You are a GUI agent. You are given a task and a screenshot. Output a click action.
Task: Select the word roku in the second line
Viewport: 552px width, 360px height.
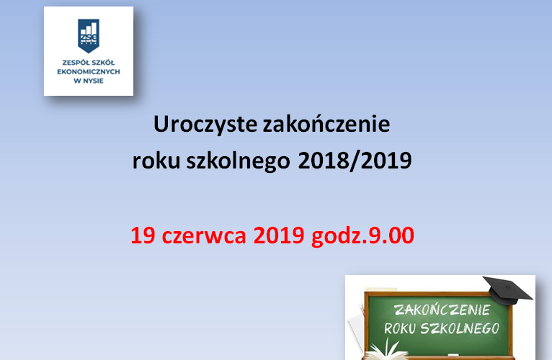point(154,161)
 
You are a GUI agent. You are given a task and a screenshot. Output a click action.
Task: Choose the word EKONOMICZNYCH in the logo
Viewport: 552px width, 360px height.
point(88,71)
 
